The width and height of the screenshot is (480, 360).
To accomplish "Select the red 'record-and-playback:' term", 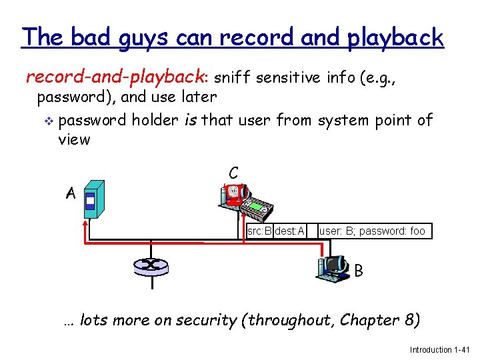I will (x=118, y=77).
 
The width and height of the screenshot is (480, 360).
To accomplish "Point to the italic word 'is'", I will (x=190, y=121).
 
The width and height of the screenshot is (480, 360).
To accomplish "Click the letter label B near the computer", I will (x=359, y=271).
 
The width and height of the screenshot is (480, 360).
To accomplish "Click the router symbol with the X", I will (x=151, y=265).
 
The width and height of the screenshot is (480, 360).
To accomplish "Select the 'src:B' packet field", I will (x=259, y=231).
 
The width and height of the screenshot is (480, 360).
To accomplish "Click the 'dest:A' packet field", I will (x=289, y=231).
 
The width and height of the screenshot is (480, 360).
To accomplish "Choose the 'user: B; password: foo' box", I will (x=372, y=231).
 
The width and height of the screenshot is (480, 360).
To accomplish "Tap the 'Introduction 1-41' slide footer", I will (x=440, y=350).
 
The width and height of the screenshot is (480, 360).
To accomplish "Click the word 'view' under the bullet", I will (x=74, y=139).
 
